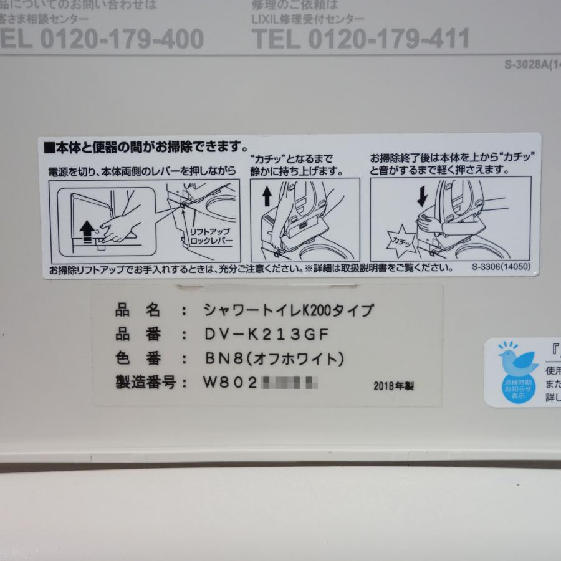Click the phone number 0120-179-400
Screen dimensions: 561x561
122,39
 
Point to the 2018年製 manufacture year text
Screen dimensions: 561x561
394,386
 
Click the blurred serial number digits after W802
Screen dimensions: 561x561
290,382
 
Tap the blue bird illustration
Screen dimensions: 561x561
517,360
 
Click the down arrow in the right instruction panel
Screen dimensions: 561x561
422,197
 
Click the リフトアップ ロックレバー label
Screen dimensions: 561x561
210,236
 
